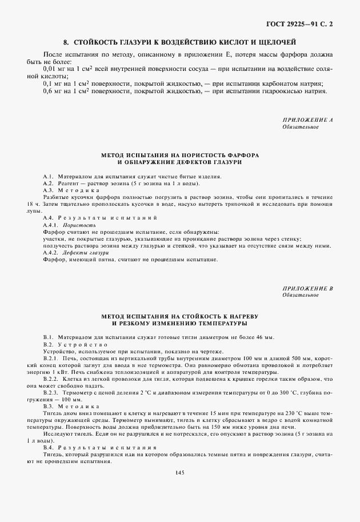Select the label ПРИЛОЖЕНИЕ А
coord(307,120)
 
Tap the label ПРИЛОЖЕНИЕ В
coord(307,288)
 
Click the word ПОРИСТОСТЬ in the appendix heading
coord(212,155)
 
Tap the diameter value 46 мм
coord(265,337)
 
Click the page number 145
coord(180,472)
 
